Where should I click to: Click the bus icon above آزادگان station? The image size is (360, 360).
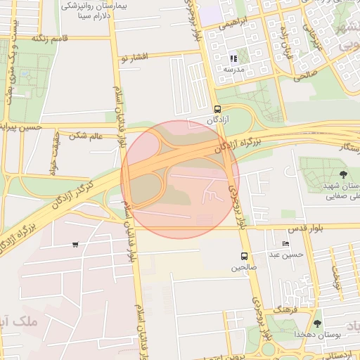(x=217, y=110)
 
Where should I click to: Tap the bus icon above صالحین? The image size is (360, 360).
(x=244, y=256)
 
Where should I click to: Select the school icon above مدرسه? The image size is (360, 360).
(x=233, y=58)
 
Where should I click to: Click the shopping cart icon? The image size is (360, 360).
(x=75, y=245)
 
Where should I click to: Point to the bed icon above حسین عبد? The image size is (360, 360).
(x=285, y=243)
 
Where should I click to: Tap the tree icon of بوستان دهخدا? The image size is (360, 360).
(x=318, y=324)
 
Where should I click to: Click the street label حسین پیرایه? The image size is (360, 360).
(x=21, y=127)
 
